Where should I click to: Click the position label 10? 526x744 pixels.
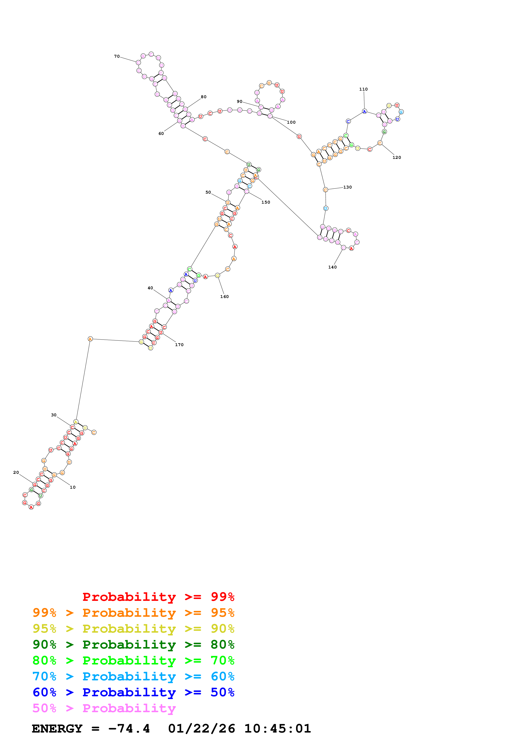73,487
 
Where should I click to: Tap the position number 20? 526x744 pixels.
16,473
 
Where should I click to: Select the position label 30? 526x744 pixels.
54,415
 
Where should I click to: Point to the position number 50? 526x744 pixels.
208,192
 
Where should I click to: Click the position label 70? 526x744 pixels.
117,56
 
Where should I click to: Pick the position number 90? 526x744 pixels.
240,101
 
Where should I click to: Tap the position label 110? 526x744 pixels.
363,89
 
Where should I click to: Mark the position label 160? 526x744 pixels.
224,296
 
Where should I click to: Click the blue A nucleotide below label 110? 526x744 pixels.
364,112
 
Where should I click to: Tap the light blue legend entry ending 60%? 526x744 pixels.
133,676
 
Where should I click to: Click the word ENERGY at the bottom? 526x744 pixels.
57,729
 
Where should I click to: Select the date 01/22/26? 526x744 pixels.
201,729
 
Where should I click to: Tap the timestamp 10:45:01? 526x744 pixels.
277,729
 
